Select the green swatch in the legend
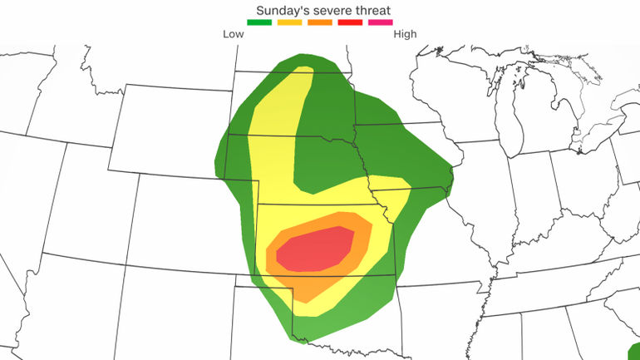tap(260, 23)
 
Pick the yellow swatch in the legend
tap(290, 23)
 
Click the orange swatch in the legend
tap(319, 23)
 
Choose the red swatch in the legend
tap(349, 23)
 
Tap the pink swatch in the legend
tap(379, 23)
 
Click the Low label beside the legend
tap(234, 34)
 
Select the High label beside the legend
tap(405, 34)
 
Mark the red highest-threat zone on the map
tap(316, 249)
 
